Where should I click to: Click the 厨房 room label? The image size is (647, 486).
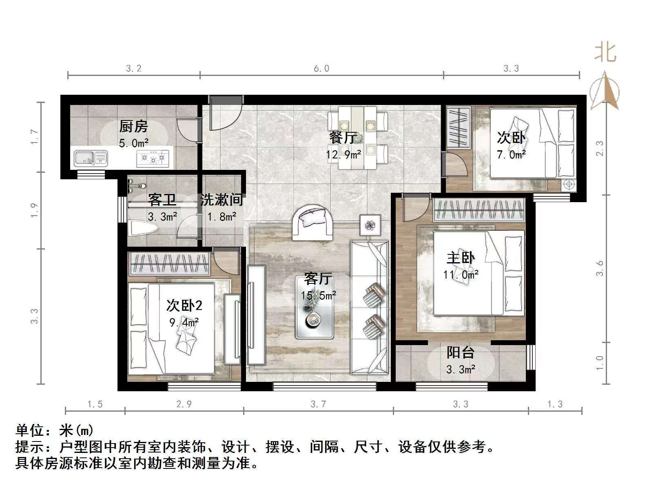[133, 127]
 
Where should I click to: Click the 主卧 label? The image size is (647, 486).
[461, 258]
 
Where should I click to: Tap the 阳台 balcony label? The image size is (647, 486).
[461, 352]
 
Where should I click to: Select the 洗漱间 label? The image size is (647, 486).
[222, 200]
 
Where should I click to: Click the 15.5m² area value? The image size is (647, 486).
[318, 295]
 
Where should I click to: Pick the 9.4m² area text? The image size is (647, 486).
[184, 323]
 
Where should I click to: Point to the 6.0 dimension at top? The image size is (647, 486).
[321, 69]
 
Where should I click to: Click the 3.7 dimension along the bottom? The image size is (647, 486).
[318, 404]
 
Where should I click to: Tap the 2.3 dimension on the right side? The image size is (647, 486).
[599, 148]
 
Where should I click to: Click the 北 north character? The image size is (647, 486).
[605, 53]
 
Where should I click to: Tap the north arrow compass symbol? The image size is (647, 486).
[605, 90]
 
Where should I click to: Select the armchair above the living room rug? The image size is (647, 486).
[313, 223]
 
